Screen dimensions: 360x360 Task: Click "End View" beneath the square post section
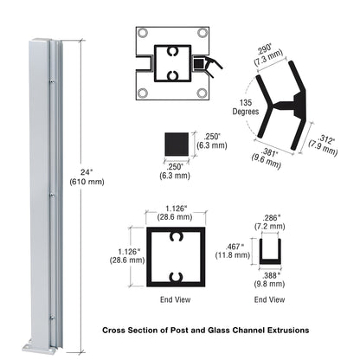point(177,300)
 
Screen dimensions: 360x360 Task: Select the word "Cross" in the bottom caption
point(117,331)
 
